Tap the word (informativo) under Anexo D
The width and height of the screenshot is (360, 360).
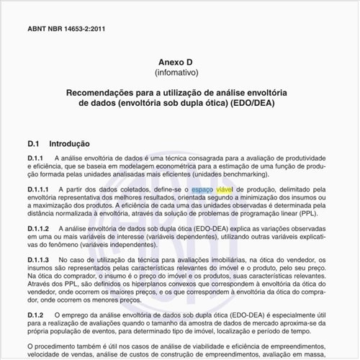click(179, 73)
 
